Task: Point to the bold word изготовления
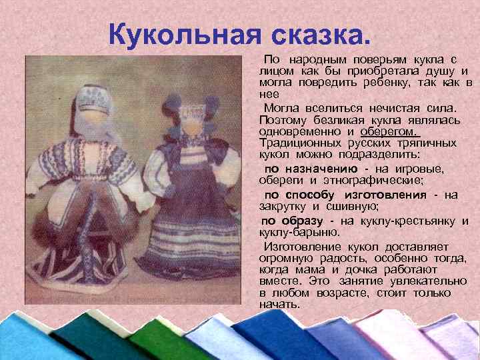[385, 195]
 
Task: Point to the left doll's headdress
[93, 93]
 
